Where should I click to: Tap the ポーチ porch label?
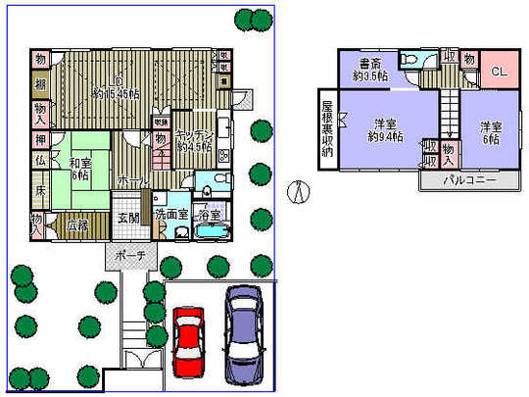[130, 257]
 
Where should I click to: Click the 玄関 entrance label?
[129, 219]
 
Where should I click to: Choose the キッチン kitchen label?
[195, 142]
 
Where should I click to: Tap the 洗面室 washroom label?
[171, 214]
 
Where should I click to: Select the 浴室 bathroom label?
[209, 214]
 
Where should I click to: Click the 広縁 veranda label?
[77, 225]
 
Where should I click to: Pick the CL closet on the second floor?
[498, 72]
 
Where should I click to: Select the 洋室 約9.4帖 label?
[384, 130]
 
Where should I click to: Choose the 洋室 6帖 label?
[490, 132]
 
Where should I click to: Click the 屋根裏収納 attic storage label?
[327, 127]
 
